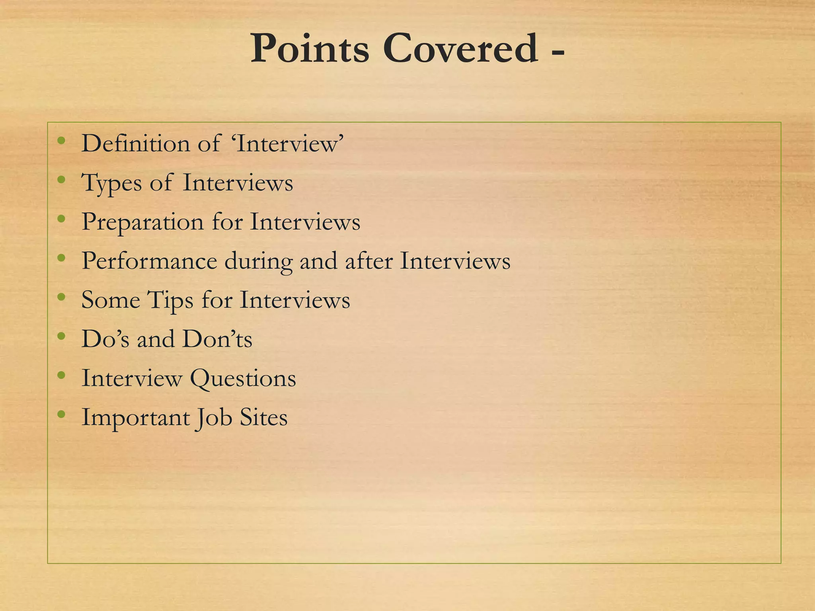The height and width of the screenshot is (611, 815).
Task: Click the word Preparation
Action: pyautogui.click(x=142, y=222)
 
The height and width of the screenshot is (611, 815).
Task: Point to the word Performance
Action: pyautogui.click(x=149, y=261)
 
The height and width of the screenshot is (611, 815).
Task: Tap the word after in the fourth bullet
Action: pyautogui.click(x=369, y=261)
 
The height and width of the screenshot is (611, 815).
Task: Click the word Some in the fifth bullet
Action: pyautogui.click(x=111, y=300)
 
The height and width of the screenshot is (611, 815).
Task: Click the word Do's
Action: pyautogui.click(x=105, y=339)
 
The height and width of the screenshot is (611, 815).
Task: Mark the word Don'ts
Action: pyautogui.click(x=217, y=339)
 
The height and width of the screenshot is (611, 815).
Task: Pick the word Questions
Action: pyautogui.click(x=243, y=378)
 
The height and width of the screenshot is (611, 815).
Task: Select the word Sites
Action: pyautogui.click(x=263, y=418)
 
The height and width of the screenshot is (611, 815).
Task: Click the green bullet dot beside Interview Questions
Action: pyautogui.click(x=61, y=375)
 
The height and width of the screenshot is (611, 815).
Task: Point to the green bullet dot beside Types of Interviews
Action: pyautogui.click(x=61, y=180)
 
